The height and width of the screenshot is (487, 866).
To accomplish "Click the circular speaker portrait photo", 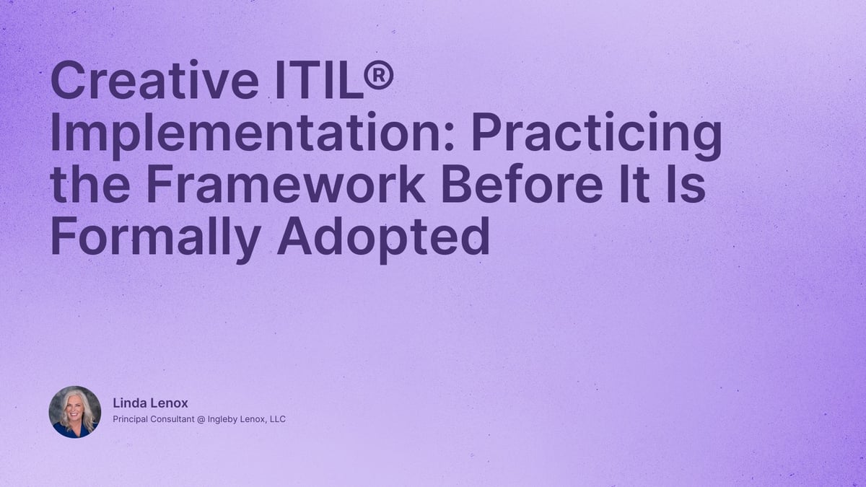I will point(75,412).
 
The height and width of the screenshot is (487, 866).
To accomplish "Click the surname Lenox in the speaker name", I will point(167,403).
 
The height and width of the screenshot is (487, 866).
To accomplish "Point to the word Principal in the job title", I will point(131,419).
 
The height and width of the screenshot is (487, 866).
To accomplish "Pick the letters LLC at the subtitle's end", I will point(277,419).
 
